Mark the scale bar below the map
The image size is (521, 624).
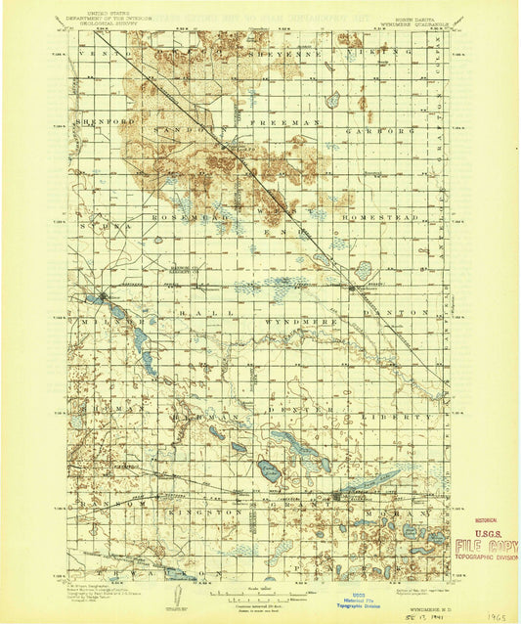pos(259,595)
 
